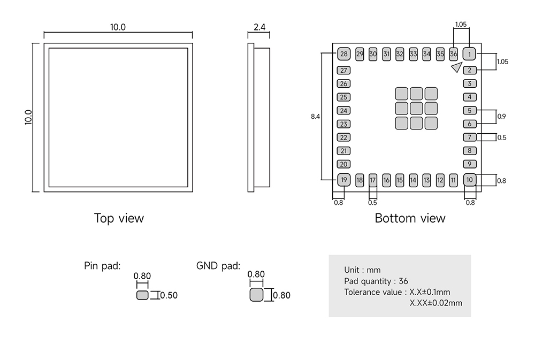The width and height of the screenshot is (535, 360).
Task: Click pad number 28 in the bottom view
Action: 343,54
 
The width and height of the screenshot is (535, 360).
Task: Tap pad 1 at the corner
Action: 469,54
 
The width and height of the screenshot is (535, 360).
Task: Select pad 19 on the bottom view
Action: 343,180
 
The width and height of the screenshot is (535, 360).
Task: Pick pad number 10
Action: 469,180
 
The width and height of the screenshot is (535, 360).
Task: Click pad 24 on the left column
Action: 343,111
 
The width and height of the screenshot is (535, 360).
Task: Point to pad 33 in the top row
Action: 413,54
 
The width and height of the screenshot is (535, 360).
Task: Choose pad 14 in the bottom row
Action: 413,180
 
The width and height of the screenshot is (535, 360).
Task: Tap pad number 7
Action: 469,137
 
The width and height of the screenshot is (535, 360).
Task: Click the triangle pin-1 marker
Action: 456,67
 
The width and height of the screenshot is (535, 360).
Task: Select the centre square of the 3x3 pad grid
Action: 417,109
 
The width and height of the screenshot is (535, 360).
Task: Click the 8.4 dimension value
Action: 315,116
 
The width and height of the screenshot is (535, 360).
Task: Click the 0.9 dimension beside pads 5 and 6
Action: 502,116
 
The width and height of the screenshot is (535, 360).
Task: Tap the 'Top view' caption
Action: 119,218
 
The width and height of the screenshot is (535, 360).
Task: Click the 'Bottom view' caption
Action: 410,218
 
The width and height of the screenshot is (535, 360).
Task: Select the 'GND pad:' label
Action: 218,266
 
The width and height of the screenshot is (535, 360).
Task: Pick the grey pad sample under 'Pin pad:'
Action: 142,295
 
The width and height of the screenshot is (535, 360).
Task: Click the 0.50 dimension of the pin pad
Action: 169,295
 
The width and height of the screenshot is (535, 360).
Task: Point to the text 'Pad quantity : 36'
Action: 376,281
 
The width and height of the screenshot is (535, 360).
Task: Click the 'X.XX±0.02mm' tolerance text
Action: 436,303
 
